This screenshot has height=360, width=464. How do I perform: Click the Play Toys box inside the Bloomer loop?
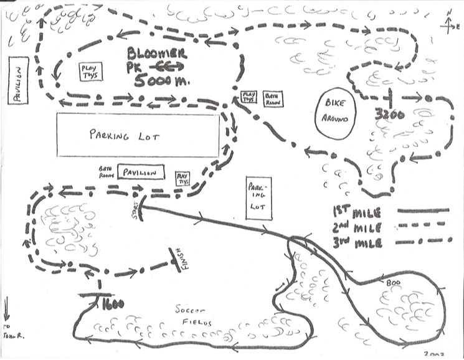[90, 72]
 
